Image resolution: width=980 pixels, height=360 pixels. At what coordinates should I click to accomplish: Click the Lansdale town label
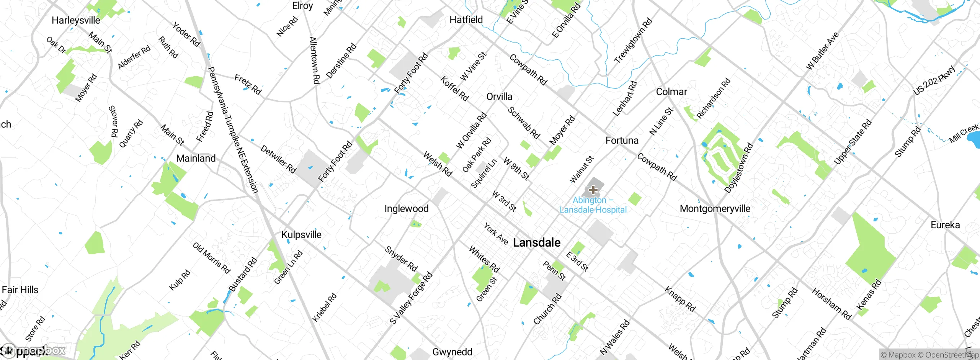click(x=536, y=242)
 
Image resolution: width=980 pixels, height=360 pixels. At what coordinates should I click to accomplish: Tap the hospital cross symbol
click(x=593, y=190)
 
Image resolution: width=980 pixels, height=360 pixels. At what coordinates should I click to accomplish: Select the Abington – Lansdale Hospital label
click(x=593, y=205)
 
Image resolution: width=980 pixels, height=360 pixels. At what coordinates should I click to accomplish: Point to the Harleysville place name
click(x=76, y=20)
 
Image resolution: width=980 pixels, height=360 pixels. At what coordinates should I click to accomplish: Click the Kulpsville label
click(x=301, y=234)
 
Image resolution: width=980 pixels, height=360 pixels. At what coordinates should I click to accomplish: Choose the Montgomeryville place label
click(x=715, y=209)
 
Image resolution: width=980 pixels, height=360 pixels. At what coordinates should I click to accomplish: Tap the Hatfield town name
click(x=466, y=20)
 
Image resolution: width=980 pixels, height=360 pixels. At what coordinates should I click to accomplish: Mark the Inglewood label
click(x=406, y=209)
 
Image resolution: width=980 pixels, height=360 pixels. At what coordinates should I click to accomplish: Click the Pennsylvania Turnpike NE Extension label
click(x=232, y=129)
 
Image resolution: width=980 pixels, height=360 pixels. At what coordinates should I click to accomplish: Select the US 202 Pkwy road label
click(x=934, y=81)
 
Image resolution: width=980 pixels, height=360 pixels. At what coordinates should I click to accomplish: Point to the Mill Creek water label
click(x=964, y=133)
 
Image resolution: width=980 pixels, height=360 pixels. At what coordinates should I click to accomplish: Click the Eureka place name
click(x=945, y=225)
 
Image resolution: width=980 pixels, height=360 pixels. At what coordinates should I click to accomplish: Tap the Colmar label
click(x=671, y=92)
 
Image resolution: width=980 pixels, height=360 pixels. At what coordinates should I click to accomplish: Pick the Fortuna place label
click(x=622, y=141)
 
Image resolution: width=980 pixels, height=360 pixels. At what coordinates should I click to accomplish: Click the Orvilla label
click(x=499, y=97)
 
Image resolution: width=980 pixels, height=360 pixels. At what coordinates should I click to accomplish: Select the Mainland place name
click(x=196, y=158)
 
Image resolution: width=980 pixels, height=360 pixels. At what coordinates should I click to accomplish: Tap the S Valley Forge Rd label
click(x=411, y=298)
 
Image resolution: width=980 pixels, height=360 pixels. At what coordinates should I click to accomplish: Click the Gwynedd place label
click(x=452, y=352)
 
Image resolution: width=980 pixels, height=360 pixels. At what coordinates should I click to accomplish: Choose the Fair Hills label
click(x=20, y=290)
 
